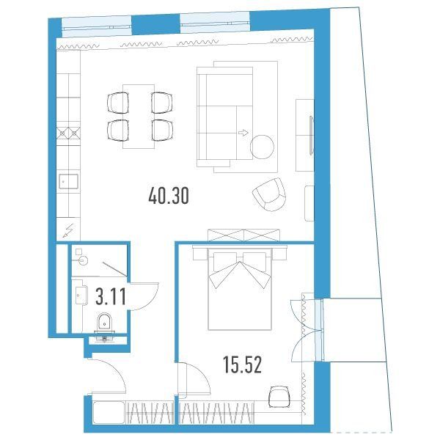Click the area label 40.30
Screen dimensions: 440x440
tap(169, 196)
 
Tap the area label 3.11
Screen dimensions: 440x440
tap(111, 296)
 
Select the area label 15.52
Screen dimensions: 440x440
tap(243, 364)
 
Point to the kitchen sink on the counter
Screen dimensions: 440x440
tap(68, 181)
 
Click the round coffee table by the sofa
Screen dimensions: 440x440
tap(262, 147)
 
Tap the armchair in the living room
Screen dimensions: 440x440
tap(269, 194)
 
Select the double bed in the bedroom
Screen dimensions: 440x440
tap(240, 289)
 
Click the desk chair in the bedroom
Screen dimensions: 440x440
tap(279, 397)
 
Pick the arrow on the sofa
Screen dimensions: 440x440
tap(243, 133)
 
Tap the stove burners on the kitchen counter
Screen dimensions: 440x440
tap(68, 133)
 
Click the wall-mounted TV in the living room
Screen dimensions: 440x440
tap(311, 135)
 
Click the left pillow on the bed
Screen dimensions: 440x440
tap(224, 262)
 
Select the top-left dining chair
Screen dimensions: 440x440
tap(118, 103)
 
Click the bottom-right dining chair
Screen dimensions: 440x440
tap(162, 131)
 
